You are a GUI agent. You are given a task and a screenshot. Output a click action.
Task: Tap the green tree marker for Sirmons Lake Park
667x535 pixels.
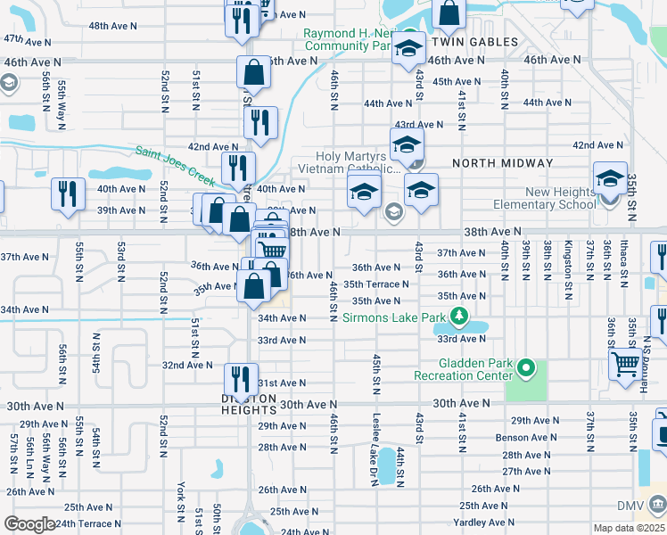[459, 317]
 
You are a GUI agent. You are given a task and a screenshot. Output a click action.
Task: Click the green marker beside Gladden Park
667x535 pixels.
[526, 367]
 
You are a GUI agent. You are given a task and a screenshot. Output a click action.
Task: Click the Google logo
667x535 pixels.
[29, 524]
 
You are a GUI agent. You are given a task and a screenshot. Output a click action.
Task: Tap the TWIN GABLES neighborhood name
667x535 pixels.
[474, 42]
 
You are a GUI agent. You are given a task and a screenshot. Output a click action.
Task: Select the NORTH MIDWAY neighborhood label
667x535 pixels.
[503, 163]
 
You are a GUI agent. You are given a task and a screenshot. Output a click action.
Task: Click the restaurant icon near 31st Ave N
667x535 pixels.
[241, 377]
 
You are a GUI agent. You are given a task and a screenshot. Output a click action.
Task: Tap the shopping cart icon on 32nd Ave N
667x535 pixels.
[627, 363]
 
